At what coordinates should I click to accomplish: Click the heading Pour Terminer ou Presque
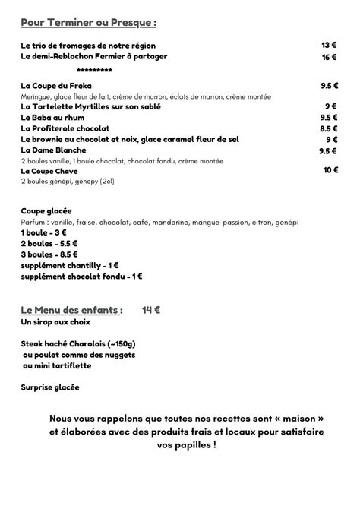[89, 21]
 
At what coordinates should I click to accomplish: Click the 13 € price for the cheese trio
[329, 46]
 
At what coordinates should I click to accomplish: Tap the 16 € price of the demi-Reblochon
[329, 57]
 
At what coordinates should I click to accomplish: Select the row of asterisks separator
[95, 70]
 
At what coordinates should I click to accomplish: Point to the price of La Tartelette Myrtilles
[331, 107]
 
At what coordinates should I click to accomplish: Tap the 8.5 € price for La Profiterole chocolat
[329, 129]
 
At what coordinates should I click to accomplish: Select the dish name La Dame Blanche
[53, 150]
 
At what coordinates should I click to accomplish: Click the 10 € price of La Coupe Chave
[330, 171]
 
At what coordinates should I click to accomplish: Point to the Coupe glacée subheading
[46, 212]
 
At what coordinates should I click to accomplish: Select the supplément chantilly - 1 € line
[70, 265]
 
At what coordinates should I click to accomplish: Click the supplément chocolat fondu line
[82, 277]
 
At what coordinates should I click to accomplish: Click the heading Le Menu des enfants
[71, 310]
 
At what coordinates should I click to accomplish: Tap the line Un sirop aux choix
[58, 322]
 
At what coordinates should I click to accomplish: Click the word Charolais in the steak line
[101, 343]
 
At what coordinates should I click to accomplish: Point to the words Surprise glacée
[50, 387]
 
